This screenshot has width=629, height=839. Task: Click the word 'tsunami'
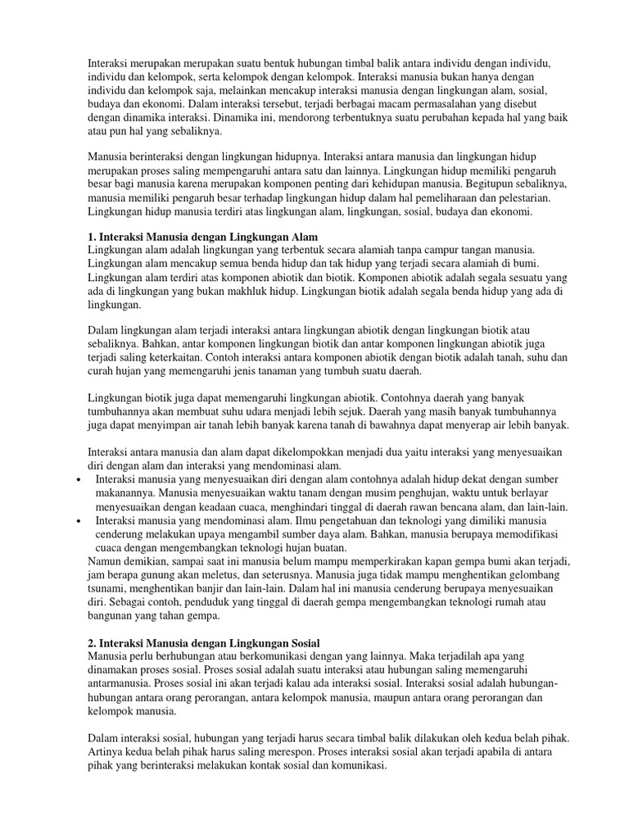[x=107, y=588]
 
